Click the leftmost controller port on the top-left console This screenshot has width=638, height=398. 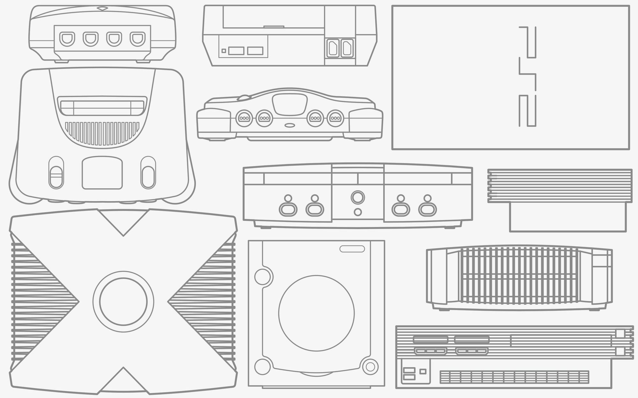point(67,39)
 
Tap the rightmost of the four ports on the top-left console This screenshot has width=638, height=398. point(137,39)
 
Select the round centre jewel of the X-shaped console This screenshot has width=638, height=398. point(123,301)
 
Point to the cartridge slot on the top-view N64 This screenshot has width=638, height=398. point(102,106)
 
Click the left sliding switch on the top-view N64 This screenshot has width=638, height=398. point(56,172)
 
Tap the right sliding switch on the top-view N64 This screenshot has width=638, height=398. point(148,172)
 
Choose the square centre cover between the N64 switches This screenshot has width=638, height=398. point(102,172)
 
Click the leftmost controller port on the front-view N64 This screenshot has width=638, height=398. point(244,118)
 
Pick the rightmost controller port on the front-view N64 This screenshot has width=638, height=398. point(335,118)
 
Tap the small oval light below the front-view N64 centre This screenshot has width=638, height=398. point(290,125)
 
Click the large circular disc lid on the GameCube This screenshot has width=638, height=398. point(316,313)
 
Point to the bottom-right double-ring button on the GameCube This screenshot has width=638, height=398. point(370,366)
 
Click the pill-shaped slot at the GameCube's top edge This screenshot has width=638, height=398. point(352,249)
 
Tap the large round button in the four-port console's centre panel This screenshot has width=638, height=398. point(358,197)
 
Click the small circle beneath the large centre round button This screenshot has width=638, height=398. point(358,212)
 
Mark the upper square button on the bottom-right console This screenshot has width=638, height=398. point(620,334)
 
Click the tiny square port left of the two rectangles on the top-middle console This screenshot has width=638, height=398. point(224,51)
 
